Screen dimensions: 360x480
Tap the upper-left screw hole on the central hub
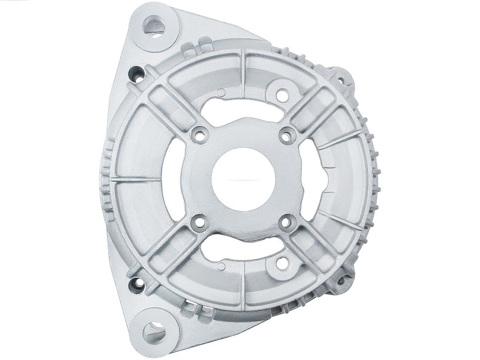click(x=200, y=135)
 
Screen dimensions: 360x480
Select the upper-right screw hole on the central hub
click(x=288, y=135)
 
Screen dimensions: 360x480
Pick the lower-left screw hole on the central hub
click(x=200, y=222)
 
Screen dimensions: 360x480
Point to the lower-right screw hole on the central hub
click(x=288, y=222)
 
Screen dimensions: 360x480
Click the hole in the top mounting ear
click(x=154, y=25)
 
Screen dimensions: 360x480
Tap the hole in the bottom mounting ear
click(x=154, y=331)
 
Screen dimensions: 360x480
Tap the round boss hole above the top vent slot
click(x=281, y=94)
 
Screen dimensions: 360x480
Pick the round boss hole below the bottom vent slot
click(x=281, y=263)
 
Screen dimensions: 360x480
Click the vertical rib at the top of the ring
click(x=243, y=73)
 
